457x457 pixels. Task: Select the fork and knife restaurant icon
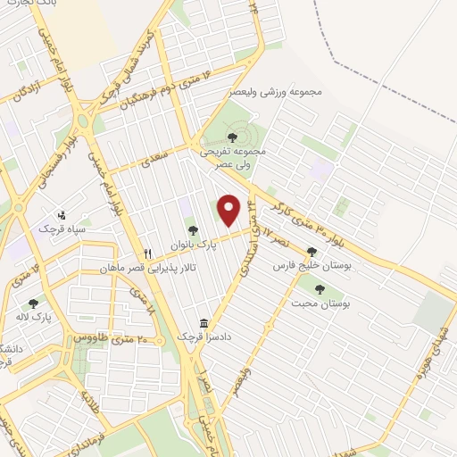pos(149,253)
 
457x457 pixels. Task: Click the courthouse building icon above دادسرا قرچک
pos(204,323)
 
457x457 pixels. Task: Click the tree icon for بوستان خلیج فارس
pos(312,253)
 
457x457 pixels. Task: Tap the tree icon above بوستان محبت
pos(320,289)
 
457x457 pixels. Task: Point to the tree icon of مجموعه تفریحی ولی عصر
pos(232,137)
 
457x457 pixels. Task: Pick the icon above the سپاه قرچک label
pos(61,215)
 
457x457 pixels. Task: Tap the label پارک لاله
pos(35,317)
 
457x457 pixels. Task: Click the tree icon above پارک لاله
pos(33,303)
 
